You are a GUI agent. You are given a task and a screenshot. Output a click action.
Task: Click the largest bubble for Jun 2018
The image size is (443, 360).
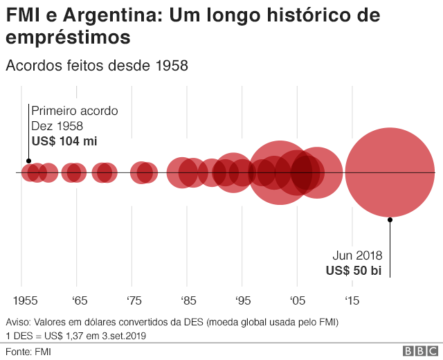pos(390,172)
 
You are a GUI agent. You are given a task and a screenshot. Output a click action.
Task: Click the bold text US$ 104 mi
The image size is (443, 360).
pos(64,141)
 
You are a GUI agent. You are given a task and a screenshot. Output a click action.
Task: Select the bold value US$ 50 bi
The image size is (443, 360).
pos(354,270)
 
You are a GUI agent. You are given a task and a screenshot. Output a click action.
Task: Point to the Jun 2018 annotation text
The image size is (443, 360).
pos(356,255)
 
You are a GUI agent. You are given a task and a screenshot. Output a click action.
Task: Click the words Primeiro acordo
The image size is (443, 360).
pos(74,111)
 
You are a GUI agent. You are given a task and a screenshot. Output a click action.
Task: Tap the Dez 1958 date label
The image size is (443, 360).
pos(57,126)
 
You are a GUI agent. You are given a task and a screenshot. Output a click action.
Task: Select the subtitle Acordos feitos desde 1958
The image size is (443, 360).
pos(97,66)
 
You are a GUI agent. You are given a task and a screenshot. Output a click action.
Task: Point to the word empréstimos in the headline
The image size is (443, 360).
pos(68,37)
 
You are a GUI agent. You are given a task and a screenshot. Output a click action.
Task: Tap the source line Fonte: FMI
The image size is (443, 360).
pos(28,351)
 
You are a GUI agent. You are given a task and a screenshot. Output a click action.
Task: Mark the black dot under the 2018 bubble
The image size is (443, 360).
pos(390,219)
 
